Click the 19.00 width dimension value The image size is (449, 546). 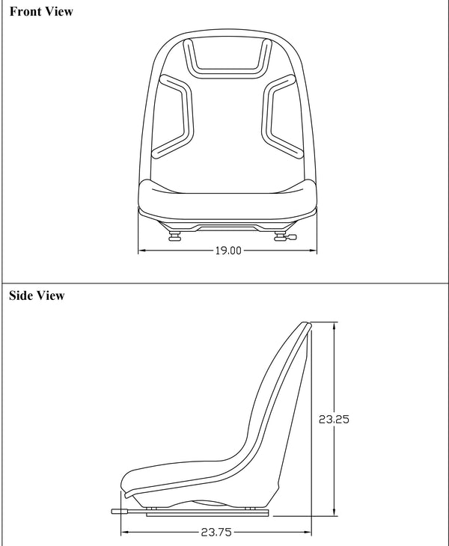point(228,251)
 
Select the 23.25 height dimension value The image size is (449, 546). point(334,420)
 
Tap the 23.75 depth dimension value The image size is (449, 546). point(216,533)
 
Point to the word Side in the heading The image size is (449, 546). point(22,295)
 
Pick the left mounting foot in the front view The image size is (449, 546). point(175,238)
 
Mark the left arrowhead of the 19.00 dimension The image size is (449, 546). point(142,251)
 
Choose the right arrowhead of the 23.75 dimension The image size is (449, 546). point(308,533)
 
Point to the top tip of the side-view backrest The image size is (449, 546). point(305,325)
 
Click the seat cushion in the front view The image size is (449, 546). point(227,198)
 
